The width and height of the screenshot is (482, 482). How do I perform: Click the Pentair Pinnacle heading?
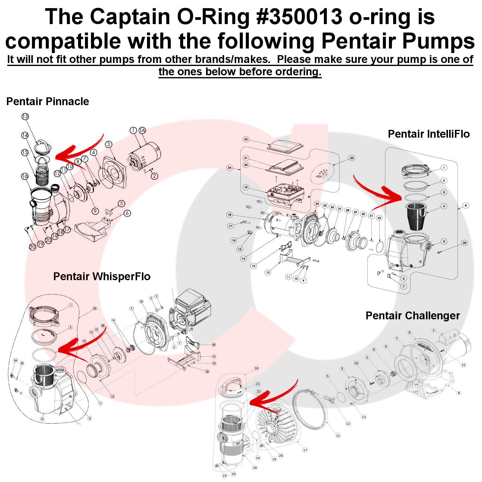48,102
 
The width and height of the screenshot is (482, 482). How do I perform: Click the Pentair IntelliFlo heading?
428,134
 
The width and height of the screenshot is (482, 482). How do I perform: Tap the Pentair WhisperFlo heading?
102,276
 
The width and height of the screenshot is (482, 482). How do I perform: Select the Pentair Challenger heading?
412,315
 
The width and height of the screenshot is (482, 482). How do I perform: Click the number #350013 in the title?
299,17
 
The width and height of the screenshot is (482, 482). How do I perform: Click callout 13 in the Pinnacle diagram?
25,117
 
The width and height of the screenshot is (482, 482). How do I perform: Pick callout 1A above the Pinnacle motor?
142,130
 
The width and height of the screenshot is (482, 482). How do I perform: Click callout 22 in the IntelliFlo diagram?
246,139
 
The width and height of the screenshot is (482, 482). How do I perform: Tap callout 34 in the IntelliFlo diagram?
230,168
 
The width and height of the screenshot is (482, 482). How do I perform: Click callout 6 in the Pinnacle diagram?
127,213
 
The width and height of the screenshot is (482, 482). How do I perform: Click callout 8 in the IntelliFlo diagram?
465,205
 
